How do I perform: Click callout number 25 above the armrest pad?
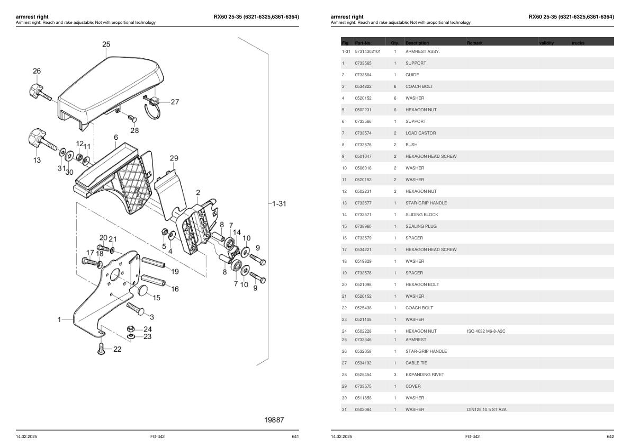pos(106,44)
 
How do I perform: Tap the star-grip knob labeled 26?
pos(37,89)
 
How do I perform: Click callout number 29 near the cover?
pos(174,158)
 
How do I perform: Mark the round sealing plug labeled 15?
pos(141,290)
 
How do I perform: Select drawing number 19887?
pos(274,420)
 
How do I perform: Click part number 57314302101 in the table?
pos(367,51)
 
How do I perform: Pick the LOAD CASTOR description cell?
pos(420,133)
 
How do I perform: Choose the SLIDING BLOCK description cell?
pos(421,215)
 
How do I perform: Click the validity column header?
pos(546,42)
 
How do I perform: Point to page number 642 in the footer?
pos(610,436)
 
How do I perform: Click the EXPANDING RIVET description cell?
pos(425,374)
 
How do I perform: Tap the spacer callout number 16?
pos(175,289)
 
